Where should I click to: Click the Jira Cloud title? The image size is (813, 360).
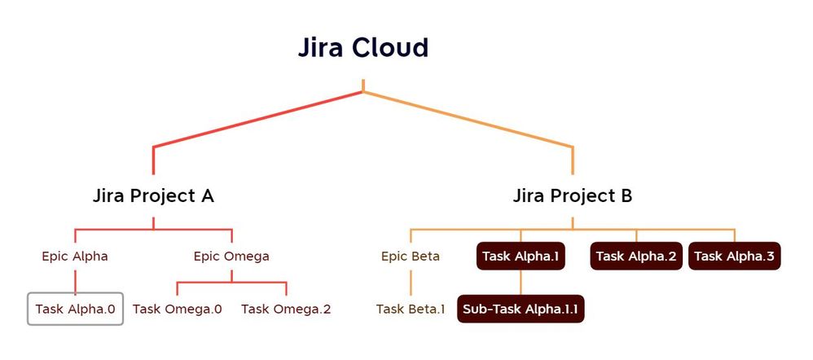click(x=363, y=48)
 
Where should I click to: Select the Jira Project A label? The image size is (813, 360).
click(x=153, y=196)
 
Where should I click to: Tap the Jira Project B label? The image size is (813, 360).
click(x=573, y=196)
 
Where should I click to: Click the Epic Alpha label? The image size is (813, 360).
click(x=75, y=256)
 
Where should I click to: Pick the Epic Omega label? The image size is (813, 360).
click(x=231, y=256)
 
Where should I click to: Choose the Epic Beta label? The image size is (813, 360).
click(x=411, y=257)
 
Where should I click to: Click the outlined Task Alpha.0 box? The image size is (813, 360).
click(x=75, y=309)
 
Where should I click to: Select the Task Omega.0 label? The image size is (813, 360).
click(x=177, y=309)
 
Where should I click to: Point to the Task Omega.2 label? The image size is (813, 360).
click(x=286, y=309)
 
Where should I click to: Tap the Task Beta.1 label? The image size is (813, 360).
click(x=411, y=309)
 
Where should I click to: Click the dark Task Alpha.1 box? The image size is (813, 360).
click(x=521, y=257)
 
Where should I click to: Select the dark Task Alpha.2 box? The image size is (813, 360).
click(x=636, y=257)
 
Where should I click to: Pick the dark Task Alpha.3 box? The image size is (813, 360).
click(x=735, y=257)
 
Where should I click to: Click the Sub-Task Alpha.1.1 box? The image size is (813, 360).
click(x=521, y=309)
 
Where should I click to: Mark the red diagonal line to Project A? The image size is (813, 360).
click(x=257, y=119)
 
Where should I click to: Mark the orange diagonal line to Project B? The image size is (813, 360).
click(x=468, y=119)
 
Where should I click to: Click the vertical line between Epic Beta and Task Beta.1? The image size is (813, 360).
click(x=411, y=282)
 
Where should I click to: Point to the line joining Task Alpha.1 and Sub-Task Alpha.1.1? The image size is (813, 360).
click(x=521, y=282)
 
